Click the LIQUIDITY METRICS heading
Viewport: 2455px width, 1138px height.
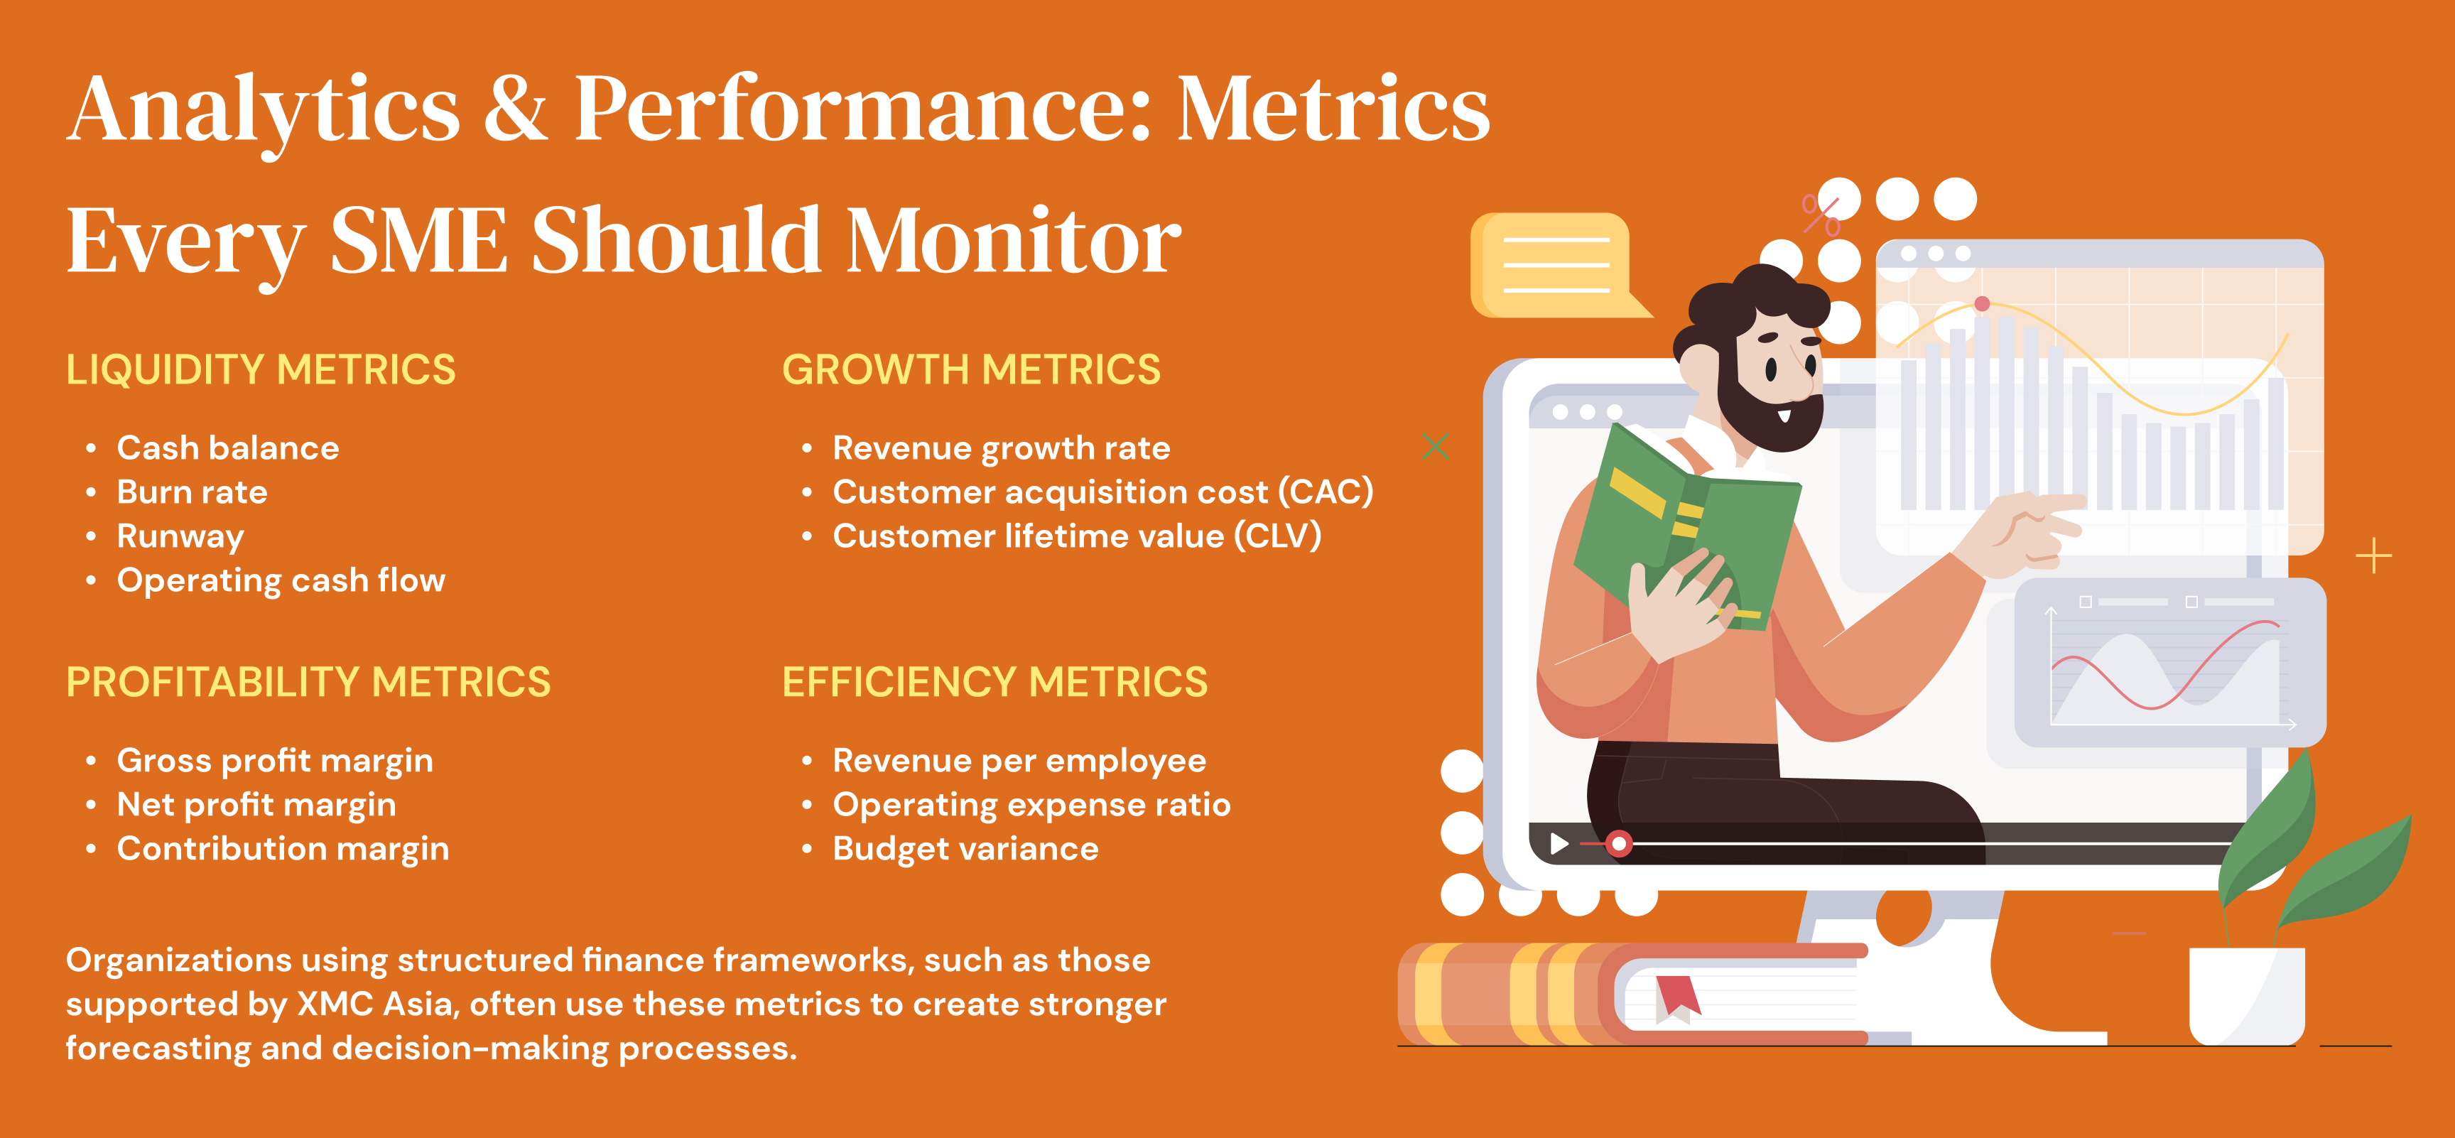click(x=260, y=370)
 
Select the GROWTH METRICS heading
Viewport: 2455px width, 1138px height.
click(x=971, y=370)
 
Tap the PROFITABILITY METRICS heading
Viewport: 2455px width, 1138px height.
click(x=308, y=683)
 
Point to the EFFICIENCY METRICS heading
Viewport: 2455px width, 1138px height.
click(x=995, y=683)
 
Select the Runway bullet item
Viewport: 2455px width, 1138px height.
click(x=180, y=536)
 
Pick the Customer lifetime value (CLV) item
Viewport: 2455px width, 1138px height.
click(x=1077, y=536)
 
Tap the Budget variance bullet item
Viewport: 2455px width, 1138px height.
click(x=965, y=848)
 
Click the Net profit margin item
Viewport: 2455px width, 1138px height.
click(x=256, y=806)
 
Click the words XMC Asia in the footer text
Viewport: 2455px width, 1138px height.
click(x=374, y=1004)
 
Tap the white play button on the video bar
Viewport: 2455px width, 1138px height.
click(x=1559, y=843)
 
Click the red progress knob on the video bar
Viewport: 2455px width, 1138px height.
click(x=1618, y=843)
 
